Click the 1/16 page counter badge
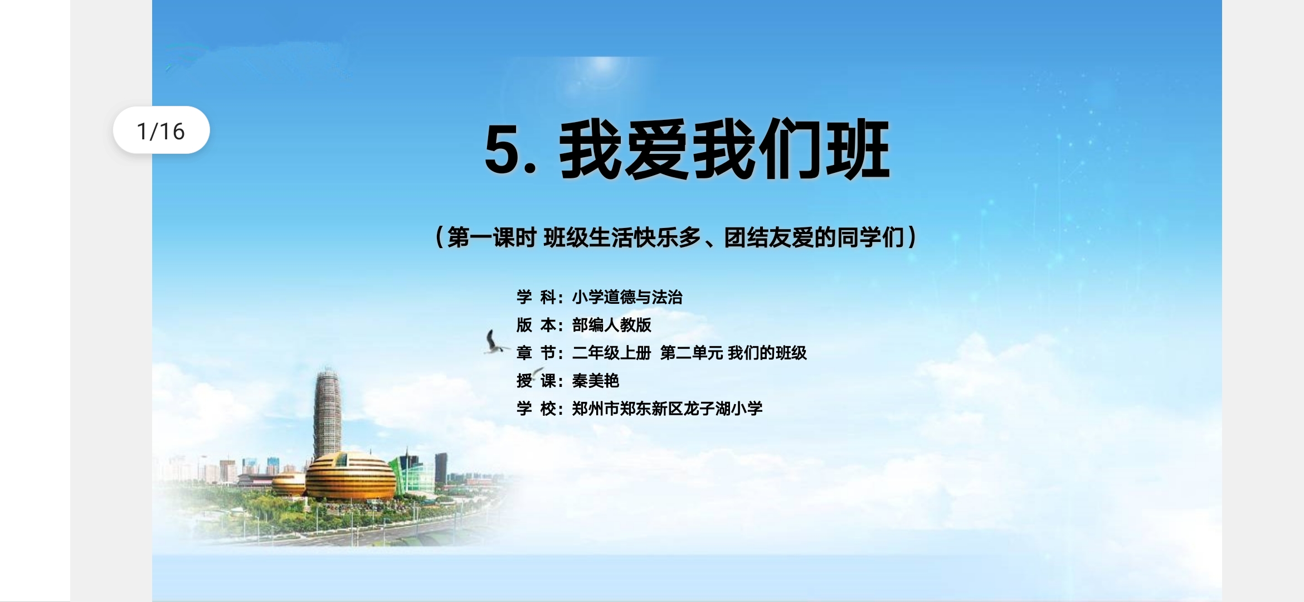161,130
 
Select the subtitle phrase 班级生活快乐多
622,237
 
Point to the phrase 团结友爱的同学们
814,237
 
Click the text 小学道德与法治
627,297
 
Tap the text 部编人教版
611,325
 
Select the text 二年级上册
611,353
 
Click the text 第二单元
691,353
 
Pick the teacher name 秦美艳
595,381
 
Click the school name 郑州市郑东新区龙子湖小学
667,409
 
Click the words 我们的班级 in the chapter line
767,353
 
